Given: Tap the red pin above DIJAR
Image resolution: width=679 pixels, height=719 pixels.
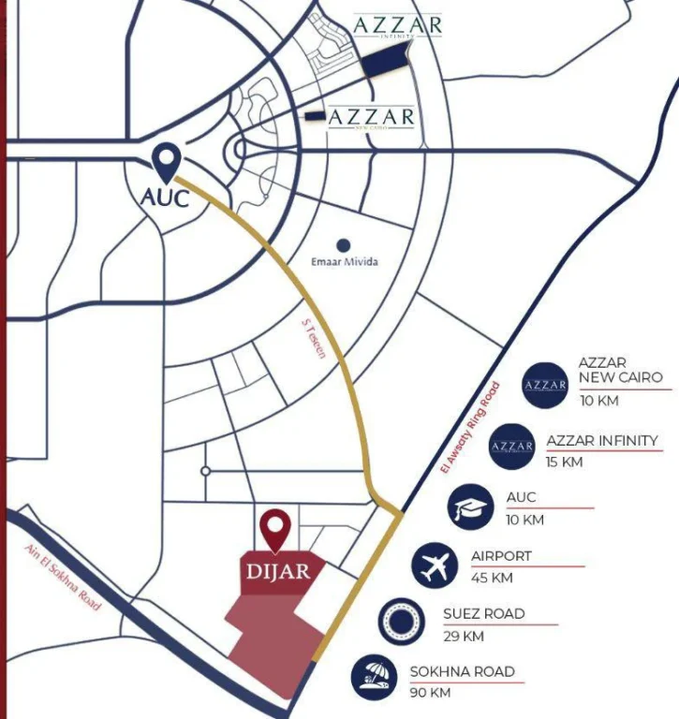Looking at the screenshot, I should tap(275, 529).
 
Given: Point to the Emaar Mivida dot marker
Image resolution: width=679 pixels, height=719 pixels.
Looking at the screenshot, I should tap(344, 243).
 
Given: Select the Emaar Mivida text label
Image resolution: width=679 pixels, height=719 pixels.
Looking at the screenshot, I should tap(345, 262).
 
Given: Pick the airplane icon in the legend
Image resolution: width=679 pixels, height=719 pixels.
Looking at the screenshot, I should tap(435, 565).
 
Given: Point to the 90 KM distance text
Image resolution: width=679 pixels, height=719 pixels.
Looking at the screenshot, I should tap(430, 693).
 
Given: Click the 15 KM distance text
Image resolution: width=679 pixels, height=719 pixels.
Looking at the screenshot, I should tap(564, 462).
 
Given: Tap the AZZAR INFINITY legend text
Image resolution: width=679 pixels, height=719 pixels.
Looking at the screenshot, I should tap(601, 440).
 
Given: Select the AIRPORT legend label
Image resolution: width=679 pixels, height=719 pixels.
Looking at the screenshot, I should tap(501, 556).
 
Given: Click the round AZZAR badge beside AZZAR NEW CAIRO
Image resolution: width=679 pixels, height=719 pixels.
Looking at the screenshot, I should tap(546, 384).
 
